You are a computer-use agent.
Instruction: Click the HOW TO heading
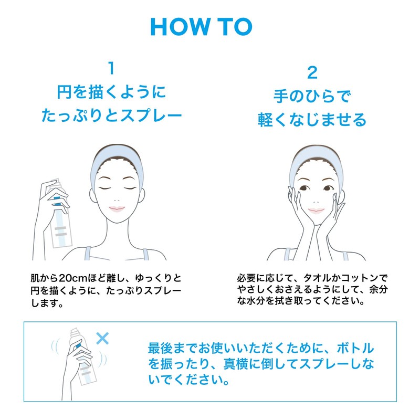tap(201, 26)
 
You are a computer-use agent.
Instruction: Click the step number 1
tap(111, 68)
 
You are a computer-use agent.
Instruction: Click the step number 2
tap(312, 72)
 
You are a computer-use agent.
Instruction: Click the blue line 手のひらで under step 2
tap(312, 97)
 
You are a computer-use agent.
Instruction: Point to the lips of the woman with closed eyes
tap(117, 208)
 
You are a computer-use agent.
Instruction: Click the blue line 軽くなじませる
tap(312, 120)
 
